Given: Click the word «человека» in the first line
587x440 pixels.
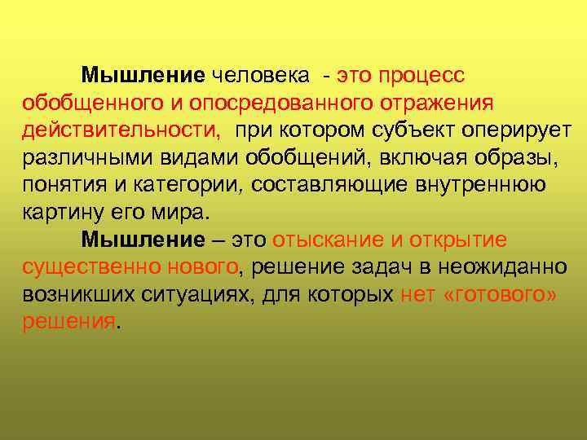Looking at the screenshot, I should (x=260, y=77).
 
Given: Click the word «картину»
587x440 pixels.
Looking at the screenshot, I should (x=62, y=213).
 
